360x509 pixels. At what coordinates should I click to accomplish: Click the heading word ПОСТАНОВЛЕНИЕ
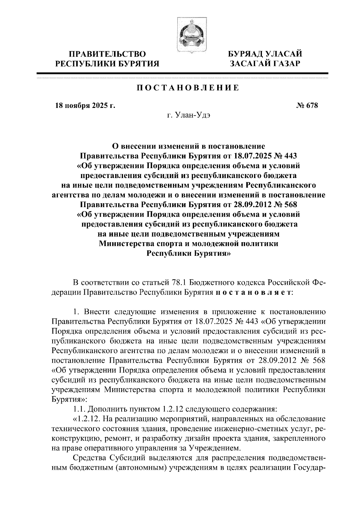point(188,88)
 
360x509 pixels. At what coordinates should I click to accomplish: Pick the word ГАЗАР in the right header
point(283,64)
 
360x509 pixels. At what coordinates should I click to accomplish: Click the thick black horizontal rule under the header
point(182,73)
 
